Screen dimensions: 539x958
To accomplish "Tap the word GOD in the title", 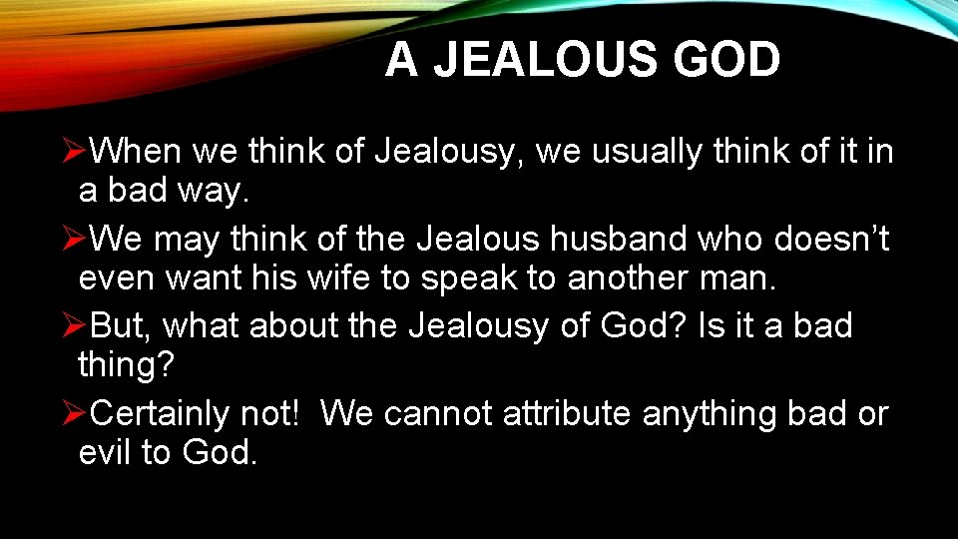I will pos(726,60).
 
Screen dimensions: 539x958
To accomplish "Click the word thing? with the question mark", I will pos(126,365).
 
